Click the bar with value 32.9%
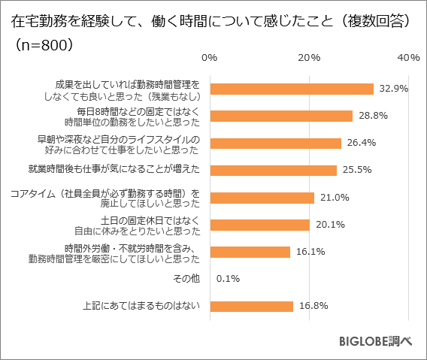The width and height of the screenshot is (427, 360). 292,89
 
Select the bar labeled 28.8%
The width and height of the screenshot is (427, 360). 281,116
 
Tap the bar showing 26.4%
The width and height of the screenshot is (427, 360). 275,143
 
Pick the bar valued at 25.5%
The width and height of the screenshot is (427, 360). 273,170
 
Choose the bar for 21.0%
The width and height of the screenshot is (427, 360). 262,198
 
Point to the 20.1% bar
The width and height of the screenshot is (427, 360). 259,225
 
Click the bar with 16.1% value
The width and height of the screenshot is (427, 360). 250,252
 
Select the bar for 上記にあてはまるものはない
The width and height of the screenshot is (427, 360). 251,306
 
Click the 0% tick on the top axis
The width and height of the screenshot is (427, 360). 210,58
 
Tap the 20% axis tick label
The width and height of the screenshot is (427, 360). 309,58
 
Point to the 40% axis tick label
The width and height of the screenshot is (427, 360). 408,58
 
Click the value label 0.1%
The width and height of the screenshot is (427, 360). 228,280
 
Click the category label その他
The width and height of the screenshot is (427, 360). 187,280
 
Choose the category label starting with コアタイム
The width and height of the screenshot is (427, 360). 105,198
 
